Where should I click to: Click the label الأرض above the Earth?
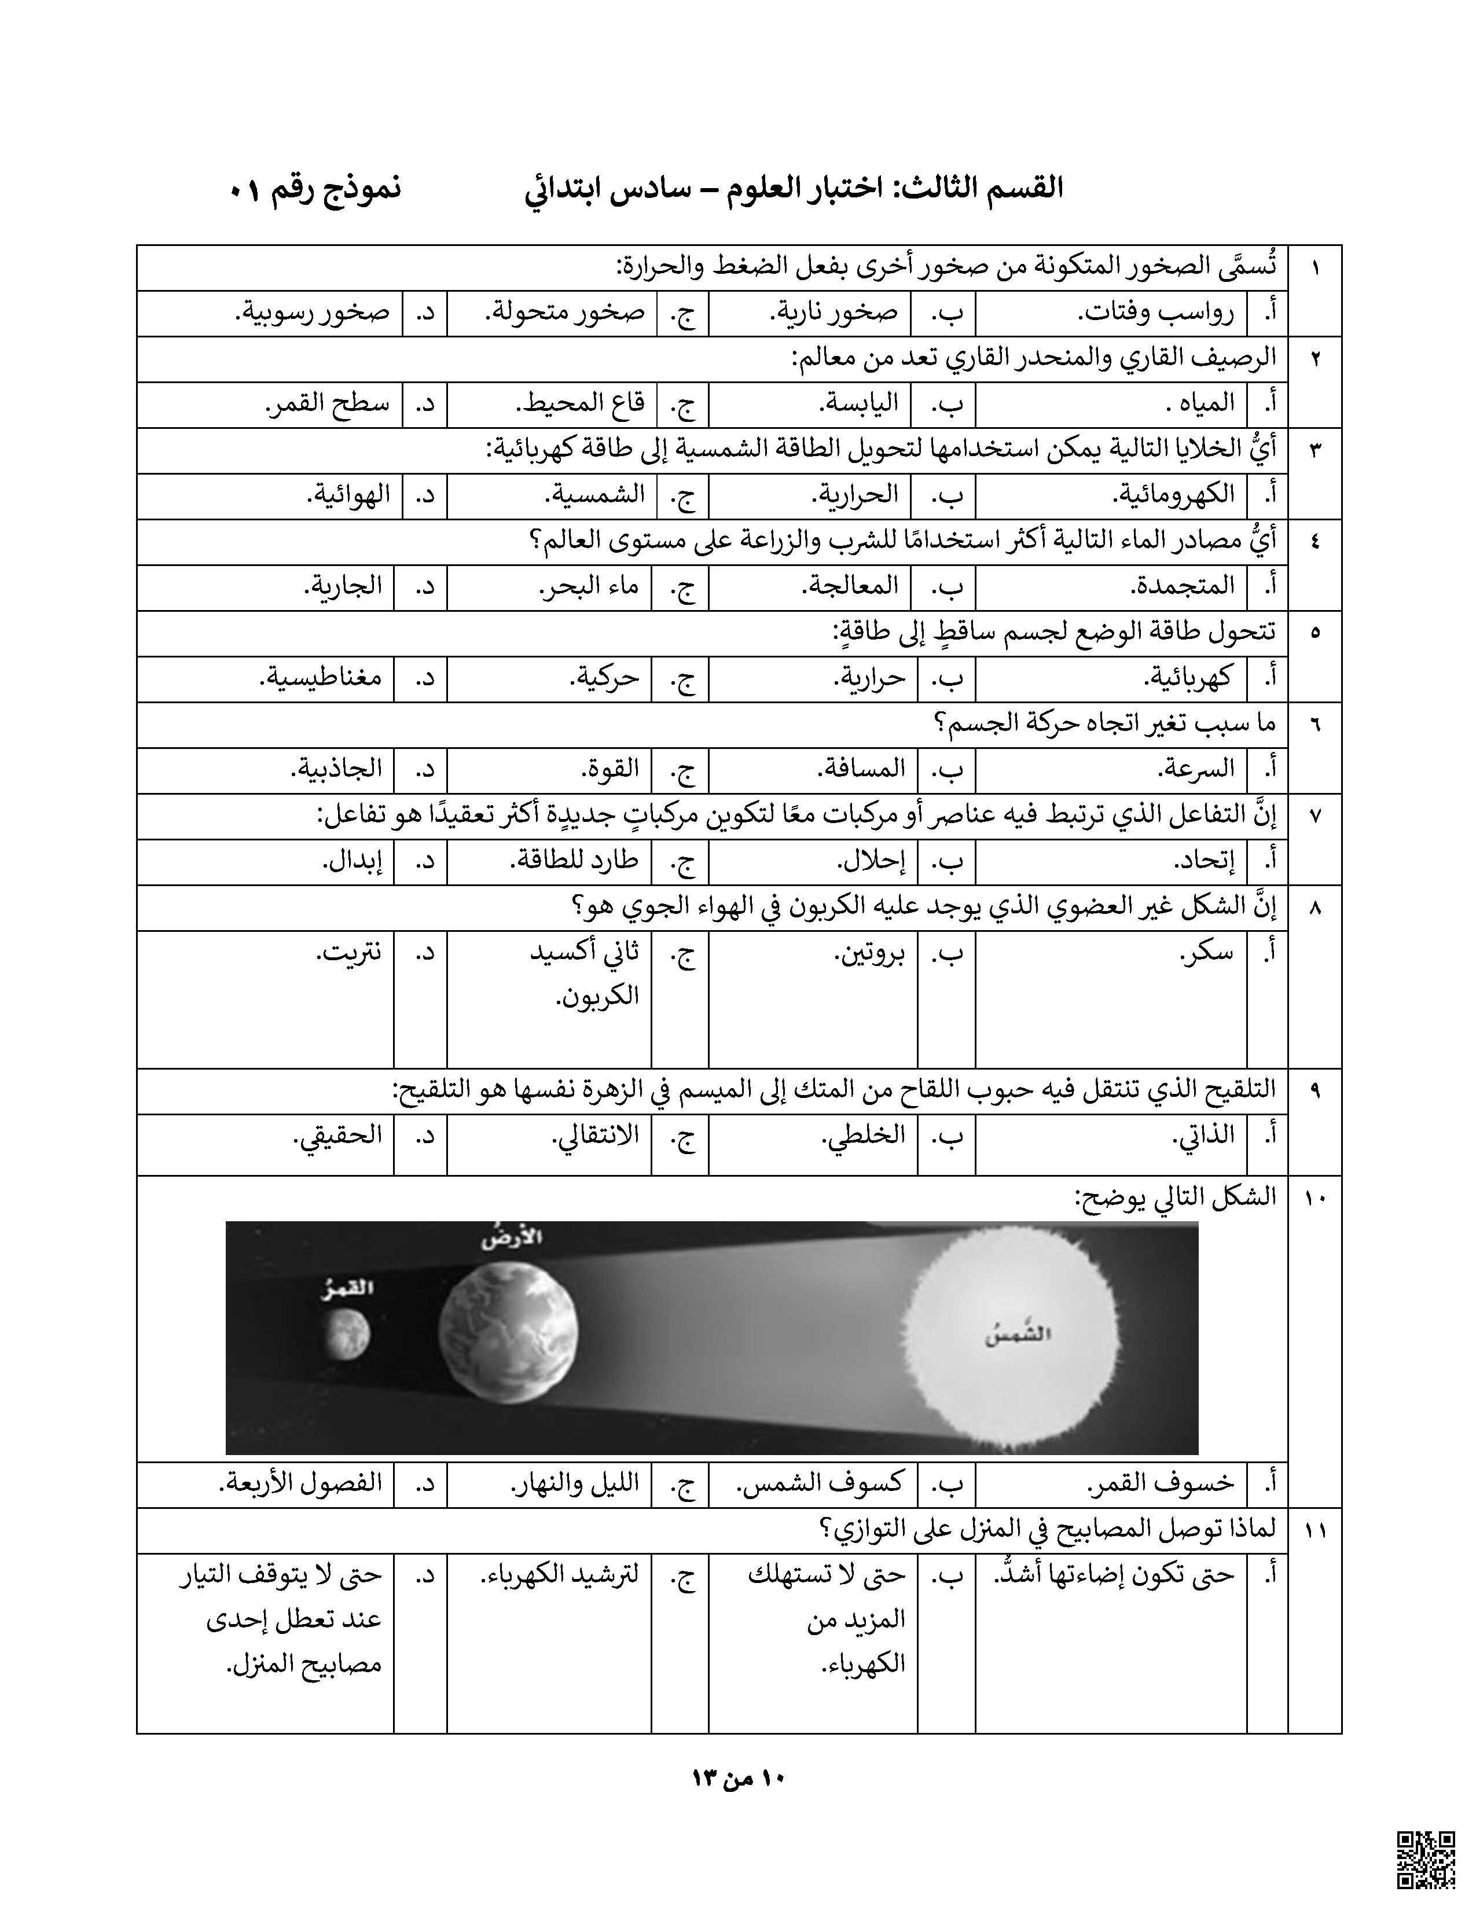point(512,1239)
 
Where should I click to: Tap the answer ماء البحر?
point(589,586)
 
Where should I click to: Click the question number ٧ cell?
point(1315,816)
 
